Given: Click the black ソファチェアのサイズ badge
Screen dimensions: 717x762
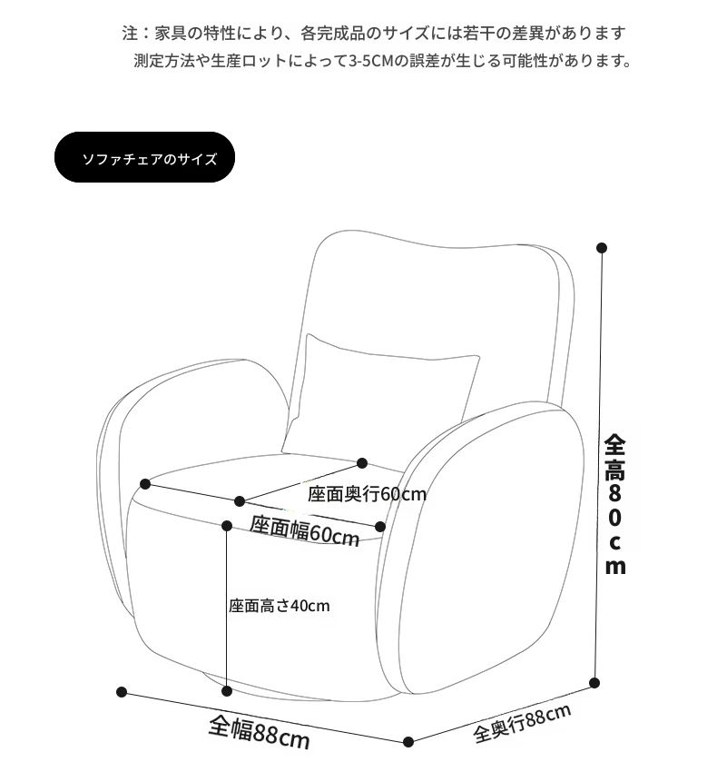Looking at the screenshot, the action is tap(144, 157).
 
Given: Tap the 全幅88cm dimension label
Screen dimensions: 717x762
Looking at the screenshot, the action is tap(260, 732).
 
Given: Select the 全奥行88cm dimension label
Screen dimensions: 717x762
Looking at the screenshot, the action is tap(522, 723).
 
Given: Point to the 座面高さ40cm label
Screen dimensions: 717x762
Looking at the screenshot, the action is tap(280, 606).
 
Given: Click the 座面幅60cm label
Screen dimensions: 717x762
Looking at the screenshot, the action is tap(305, 530).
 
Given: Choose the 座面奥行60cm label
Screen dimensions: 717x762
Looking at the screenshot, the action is tap(367, 494).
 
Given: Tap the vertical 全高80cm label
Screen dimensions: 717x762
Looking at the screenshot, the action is tap(614, 504).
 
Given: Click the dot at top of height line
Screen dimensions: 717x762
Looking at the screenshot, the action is tap(602, 248).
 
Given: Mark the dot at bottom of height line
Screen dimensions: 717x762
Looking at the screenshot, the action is tap(594, 683).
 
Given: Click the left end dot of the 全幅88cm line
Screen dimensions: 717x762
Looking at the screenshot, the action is tap(122, 692).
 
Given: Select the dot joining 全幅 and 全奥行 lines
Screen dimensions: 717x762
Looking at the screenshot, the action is tap(408, 742).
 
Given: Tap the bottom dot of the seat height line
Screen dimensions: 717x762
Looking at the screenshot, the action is tap(227, 691).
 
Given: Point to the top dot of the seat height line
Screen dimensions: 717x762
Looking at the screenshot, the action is tap(227, 525).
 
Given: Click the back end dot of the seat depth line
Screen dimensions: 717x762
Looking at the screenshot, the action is tap(362, 463).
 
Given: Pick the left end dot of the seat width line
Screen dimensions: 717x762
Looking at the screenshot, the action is tap(144, 484).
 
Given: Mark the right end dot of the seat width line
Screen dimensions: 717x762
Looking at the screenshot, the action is tap(380, 527).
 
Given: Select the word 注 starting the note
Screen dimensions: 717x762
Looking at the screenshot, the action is tap(130, 34).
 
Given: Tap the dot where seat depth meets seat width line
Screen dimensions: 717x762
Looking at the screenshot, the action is tap(240, 501).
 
